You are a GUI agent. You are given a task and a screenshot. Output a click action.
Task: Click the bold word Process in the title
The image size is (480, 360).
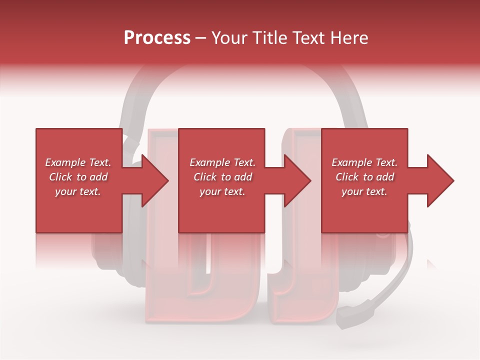pyautogui.click(x=157, y=37)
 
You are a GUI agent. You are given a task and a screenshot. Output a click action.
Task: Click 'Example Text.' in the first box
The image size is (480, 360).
pyautogui.click(x=78, y=162)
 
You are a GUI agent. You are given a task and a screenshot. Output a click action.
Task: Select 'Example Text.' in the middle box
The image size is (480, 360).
pyautogui.click(x=222, y=162)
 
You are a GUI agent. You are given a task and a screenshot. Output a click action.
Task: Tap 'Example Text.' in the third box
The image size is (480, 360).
pyautogui.click(x=364, y=162)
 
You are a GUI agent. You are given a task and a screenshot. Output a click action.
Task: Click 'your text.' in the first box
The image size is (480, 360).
pyautogui.click(x=78, y=191)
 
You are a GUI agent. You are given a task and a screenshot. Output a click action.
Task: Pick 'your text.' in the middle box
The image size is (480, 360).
pyautogui.click(x=222, y=191)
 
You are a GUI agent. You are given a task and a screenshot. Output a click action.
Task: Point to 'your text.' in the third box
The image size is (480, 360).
pyautogui.click(x=364, y=191)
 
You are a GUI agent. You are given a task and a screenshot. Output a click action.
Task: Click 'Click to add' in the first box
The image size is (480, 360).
pyautogui.click(x=78, y=177)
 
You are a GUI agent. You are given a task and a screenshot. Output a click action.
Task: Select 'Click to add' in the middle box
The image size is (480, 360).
pyautogui.click(x=222, y=177)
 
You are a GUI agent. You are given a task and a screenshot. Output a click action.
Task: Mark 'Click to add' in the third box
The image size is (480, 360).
pyautogui.click(x=364, y=177)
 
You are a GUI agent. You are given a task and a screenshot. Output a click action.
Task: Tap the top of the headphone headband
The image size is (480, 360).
pyautogui.click(x=240, y=67)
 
